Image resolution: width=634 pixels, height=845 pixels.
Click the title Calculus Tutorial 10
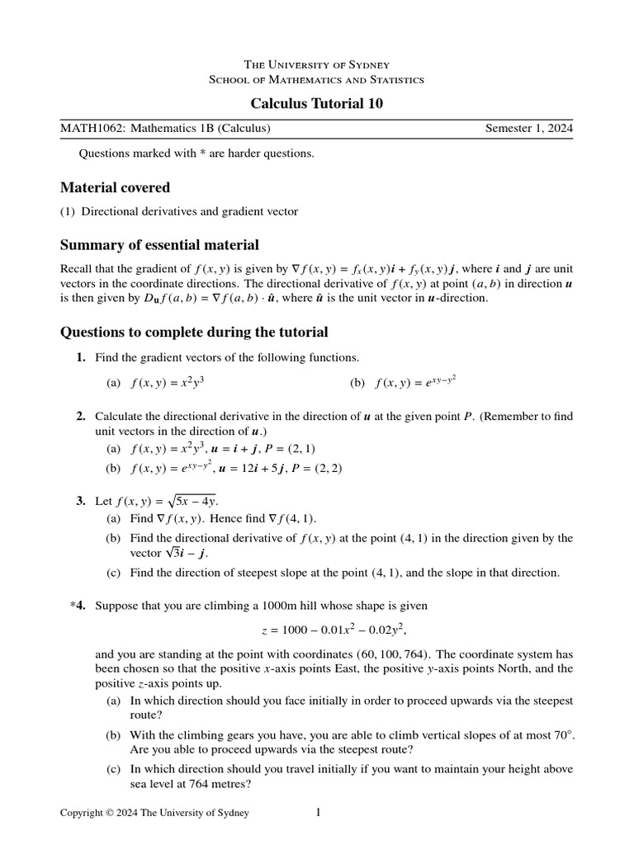coord(317,103)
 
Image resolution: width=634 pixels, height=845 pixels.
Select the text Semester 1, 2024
coord(528,129)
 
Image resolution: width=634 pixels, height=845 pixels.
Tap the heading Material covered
coord(115,186)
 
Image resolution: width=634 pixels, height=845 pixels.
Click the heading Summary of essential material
coord(159,244)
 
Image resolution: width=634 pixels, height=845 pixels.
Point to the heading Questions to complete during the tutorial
coord(194,332)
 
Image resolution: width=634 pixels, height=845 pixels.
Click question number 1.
coord(80,357)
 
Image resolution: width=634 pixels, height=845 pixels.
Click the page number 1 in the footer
coord(318,813)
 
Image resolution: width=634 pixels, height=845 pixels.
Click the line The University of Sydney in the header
coord(317,64)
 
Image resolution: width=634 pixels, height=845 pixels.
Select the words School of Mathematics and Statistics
coord(317,80)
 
